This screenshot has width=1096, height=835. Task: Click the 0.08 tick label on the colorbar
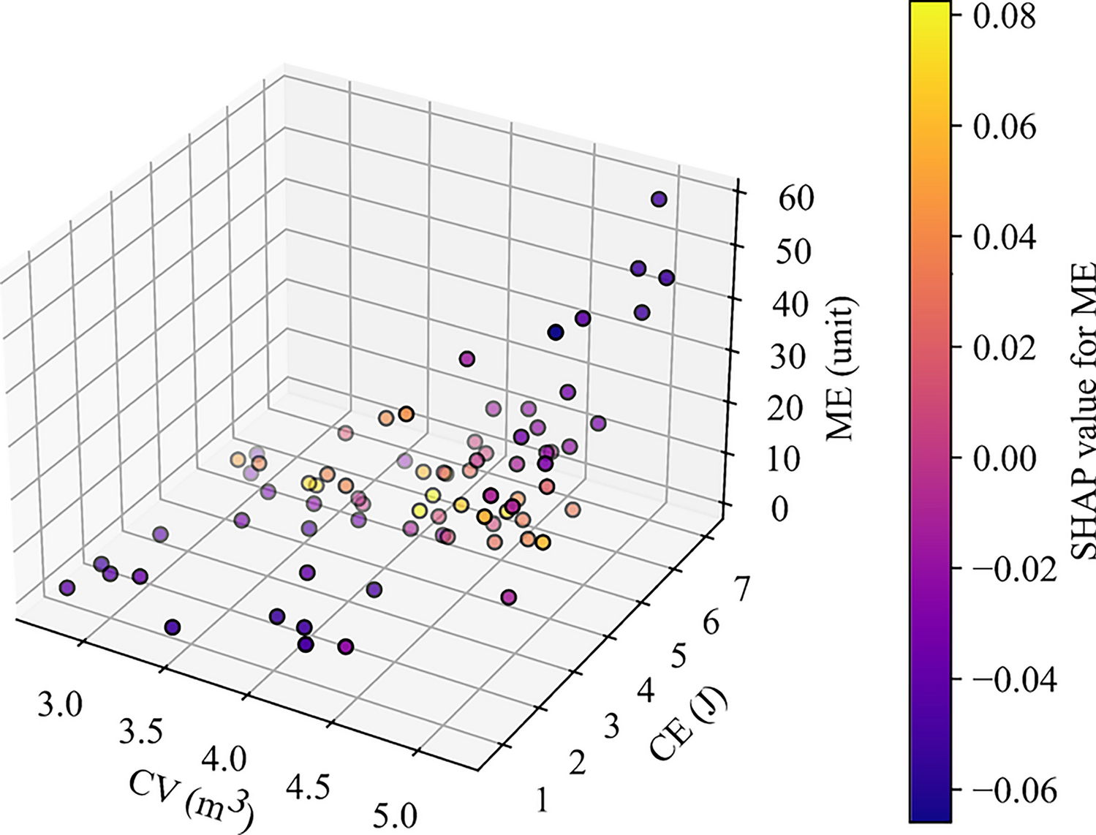click(x=1004, y=16)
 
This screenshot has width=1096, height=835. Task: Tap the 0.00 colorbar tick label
click(x=1004, y=458)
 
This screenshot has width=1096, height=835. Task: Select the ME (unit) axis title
click(x=840, y=369)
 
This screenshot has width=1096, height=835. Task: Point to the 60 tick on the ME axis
click(x=795, y=199)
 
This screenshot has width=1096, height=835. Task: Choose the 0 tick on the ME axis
click(x=779, y=509)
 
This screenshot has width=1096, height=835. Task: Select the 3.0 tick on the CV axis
click(x=61, y=707)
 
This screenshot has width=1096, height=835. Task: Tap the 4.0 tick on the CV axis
click(x=224, y=760)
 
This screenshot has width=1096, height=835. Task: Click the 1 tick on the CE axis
click(x=542, y=801)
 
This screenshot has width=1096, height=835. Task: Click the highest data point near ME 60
click(x=659, y=199)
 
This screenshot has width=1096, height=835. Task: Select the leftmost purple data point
click(x=67, y=588)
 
